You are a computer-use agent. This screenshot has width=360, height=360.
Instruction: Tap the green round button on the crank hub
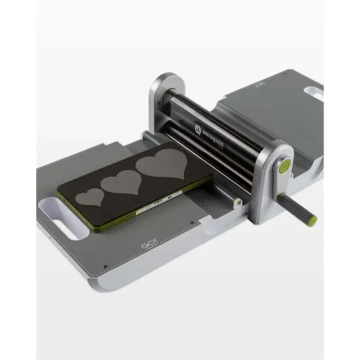[285, 168]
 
